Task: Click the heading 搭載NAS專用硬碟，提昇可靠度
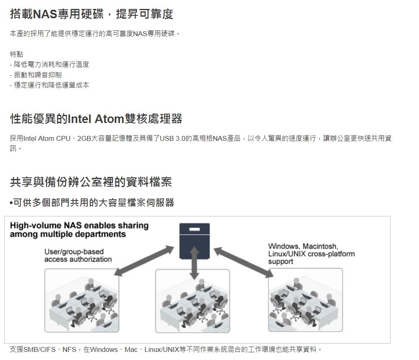[91, 14]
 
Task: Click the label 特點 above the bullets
[17, 54]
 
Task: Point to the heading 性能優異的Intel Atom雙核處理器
[96, 119]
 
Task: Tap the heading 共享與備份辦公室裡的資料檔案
[91, 182]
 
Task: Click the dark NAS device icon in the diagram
[194, 241]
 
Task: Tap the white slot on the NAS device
[194, 229]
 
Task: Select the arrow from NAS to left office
[144, 261]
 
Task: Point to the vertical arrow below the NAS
[194, 263]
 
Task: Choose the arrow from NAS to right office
[244, 262]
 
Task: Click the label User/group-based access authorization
[78, 256]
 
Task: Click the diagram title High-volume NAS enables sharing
[79, 226]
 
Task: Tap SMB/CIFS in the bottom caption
[39, 349]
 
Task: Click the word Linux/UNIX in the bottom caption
[162, 349]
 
